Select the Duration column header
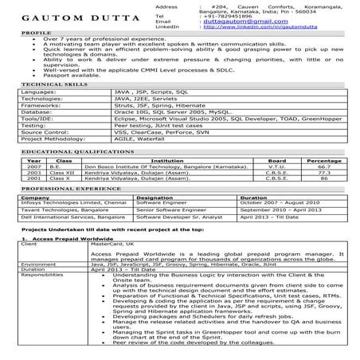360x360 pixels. [x=254, y=196]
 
